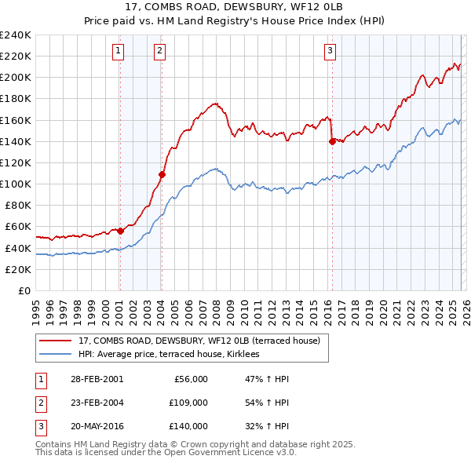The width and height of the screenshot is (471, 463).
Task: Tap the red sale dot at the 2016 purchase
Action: point(332,141)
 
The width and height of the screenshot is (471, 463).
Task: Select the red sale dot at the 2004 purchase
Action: point(162,174)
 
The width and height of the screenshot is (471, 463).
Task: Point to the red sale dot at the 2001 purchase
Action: point(120,231)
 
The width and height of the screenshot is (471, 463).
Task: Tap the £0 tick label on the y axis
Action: point(24,290)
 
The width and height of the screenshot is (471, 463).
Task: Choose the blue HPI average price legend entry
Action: point(173,355)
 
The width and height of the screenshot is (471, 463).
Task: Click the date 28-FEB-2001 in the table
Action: point(97,379)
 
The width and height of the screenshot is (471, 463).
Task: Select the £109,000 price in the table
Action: point(188,403)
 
